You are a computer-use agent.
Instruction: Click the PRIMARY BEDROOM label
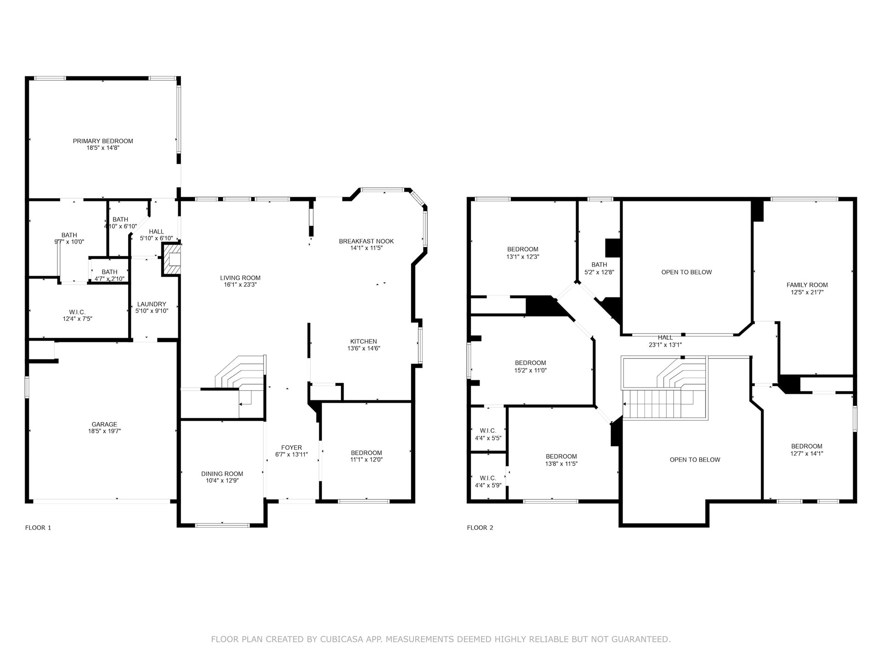pos(103,141)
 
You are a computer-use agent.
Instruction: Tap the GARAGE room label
pos(104,424)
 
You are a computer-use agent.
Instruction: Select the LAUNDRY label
pos(152,304)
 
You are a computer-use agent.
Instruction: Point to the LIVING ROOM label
pos(240,278)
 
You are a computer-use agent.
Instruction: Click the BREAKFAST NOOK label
pos(366,241)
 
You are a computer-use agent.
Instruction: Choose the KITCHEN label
pos(363,342)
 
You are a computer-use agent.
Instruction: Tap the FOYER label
pos(292,448)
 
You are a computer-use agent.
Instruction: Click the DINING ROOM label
pos(222,474)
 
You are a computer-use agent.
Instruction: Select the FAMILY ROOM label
pos(807,285)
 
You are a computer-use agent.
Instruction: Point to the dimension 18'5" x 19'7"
pos(104,431)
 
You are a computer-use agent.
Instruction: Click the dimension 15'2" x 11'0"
pos(531,371)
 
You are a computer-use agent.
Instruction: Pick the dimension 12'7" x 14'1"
pos(807,453)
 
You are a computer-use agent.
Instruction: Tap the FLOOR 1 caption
pos(38,528)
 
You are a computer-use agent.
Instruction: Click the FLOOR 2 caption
pos(480,528)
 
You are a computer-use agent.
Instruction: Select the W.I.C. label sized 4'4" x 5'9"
pos(487,478)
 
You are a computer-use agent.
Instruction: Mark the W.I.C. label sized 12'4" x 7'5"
pos(77,312)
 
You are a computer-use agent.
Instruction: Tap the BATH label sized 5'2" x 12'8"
pos(599,265)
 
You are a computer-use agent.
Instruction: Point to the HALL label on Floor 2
pos(665,338)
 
